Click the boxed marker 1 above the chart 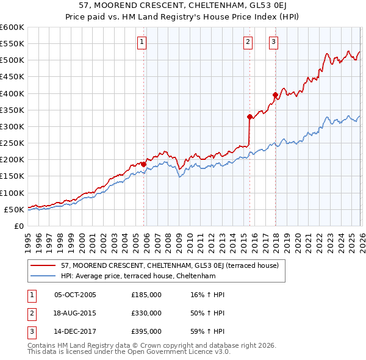(142, 42)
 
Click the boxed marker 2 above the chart (248, 42)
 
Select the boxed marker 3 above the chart (274, 42)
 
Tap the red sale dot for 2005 (144, 164)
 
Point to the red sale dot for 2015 (249, 117)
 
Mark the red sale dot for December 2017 (275, 95)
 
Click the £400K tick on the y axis (12, 93)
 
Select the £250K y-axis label (12, 143)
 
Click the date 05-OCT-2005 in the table (75, 295)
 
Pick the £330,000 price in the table (146, 313)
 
